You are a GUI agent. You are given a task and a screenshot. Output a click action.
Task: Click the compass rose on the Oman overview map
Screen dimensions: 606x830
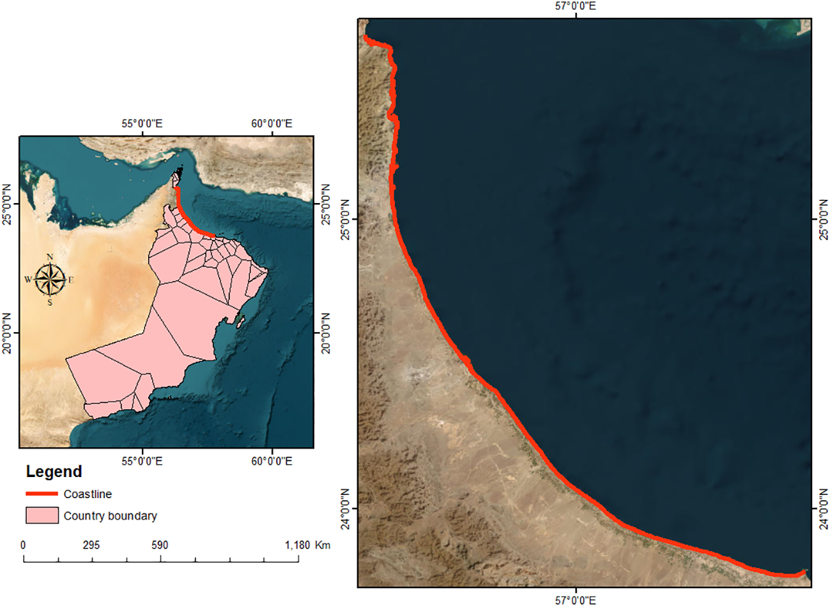pyautogui.click(x=50, y=280)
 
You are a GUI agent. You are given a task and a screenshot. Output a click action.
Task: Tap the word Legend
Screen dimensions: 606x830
pyautogui.click(x=54, y=472)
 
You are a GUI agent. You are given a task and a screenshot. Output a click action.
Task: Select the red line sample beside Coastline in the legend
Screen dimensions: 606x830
pyautogui.click(x=42, y=494)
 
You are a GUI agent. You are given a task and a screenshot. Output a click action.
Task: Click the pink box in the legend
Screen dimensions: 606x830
pyautogui.click(x=42, y=515)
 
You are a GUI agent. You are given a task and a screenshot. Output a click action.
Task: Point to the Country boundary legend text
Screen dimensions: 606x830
pyautogui.click(x=110, y=516)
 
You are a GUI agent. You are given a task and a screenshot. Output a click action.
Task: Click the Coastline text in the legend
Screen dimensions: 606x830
pyautogui.click(x=88, y=494)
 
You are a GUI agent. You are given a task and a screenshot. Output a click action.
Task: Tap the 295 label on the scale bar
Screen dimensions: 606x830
pyautogui.click(x=91, y=545)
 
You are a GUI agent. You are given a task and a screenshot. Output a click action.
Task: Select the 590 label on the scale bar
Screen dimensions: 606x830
pyautogui.click(x=160, y=545)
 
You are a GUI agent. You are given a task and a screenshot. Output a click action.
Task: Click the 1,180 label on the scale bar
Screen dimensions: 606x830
pyautogui.click(x=297, y=545)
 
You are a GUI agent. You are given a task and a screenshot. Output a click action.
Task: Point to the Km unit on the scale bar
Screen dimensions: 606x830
pyautogui.click(x=323, y=545)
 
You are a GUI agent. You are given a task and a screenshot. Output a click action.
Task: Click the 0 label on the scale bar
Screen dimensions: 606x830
pyautogui.click(x=24, y=545)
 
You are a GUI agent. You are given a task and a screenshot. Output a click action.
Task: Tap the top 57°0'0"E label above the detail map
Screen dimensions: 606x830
pyautogui.click(x=576, y=6)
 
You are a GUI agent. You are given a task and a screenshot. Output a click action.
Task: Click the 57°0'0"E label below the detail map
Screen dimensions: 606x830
pyautogui.click(x=576, y=600)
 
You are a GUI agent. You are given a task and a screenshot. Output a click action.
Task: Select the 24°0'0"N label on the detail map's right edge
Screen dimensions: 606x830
pyautogui.click(x=822, y=508)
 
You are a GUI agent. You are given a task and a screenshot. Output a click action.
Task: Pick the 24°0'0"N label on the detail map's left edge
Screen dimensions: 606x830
pyautogui.click(x=346, y=508)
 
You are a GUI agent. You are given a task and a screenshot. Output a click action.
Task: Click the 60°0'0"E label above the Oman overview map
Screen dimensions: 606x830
pyautogui.click(x=272, y=123)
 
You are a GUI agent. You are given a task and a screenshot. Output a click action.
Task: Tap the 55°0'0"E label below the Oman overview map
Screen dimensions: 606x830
pyautogui.click(x=142, y=460)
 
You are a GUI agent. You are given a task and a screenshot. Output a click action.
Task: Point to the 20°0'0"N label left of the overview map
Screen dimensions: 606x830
pyautogui.click(x=8, y=333)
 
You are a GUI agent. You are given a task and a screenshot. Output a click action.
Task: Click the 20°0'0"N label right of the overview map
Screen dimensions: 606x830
pyautogui.click(x=325, y=333)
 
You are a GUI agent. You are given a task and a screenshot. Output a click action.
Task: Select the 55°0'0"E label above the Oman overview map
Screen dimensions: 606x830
pyautogui.click(x=142, y=123)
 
